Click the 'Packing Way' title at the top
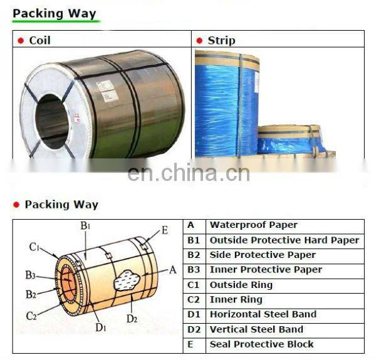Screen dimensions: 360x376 click(x=55, y=13)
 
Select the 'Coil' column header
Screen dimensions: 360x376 click(x=39, y=40)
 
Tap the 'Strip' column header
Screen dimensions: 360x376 click(x=221, y=40)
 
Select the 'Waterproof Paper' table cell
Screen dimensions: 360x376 click(x=253, y=225)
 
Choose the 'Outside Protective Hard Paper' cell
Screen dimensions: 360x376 click(x=284, y=240)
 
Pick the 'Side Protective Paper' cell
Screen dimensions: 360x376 click(x=262, y=255)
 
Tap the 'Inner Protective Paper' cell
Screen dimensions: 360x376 click(x=266, y=270)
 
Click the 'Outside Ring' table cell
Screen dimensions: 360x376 click(x=241, y=285)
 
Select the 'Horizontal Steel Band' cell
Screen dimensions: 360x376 click(x=263, y=314)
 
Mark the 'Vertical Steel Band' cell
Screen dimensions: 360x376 click(x=256, y=329)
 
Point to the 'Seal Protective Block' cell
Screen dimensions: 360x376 click(x=261, y=344)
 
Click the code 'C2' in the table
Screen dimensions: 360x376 click(x=193, y=300)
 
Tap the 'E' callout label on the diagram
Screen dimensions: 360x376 click(x=165, y=230)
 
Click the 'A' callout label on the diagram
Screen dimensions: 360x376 click(x=173, y=270)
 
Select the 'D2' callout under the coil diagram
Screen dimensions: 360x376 click(x=132, y=319)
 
